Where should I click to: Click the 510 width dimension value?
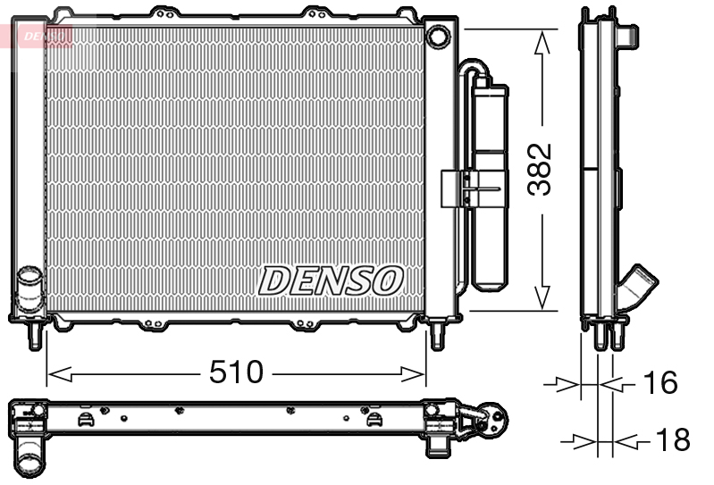coord(237,372)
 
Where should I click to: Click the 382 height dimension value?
coord(541,168)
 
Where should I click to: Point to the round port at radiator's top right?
coord(438,38)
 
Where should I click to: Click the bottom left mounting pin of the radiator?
coord(35,336)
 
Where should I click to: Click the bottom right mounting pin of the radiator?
coord(437,336)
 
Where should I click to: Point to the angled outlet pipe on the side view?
coord(640,288)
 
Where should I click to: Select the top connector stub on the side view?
coord(628,35)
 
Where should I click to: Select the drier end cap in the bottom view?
coord(493,417)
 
